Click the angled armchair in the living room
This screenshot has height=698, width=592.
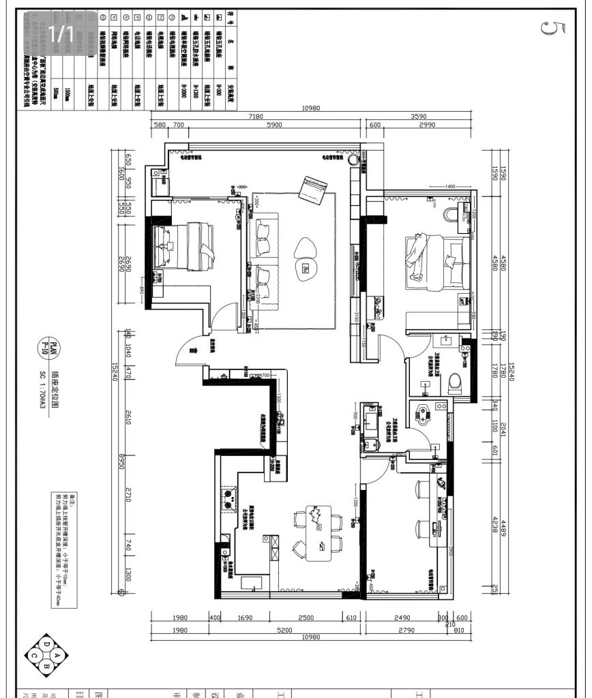point(314,189)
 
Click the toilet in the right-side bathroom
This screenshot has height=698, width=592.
point(456,384)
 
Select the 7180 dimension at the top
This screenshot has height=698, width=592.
point(256,117)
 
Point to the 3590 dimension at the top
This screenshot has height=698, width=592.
point(419,117)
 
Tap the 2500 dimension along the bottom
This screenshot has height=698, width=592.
point(306,618)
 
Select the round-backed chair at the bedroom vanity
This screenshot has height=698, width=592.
point(451,215)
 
